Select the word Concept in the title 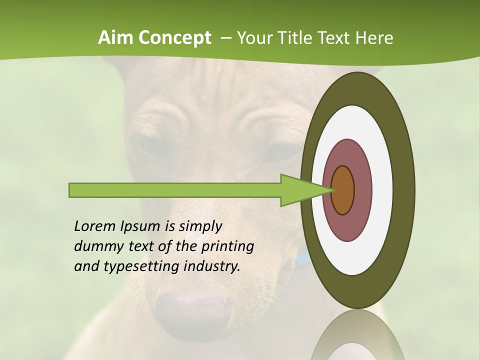(x=174, y=38)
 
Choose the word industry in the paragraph (x=212, y=266)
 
